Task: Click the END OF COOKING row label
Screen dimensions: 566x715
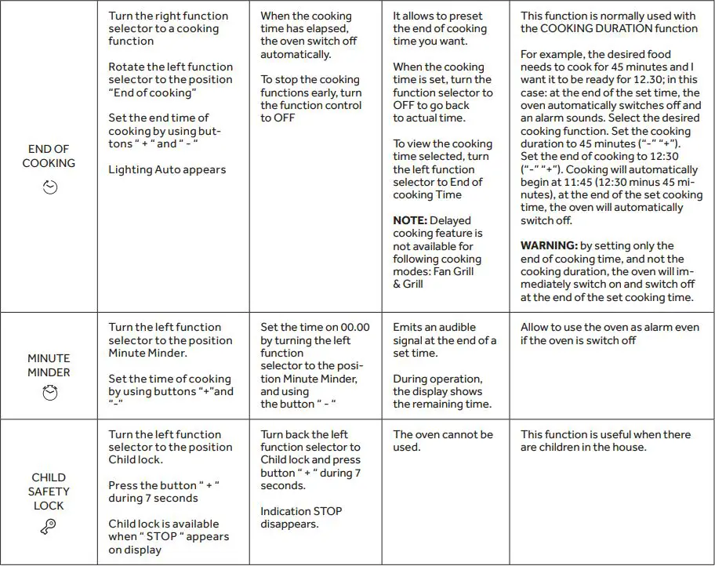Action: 49,156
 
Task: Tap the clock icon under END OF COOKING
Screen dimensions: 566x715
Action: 49,187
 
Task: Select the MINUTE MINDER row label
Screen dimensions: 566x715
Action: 49,365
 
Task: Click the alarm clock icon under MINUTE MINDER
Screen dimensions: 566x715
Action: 49,395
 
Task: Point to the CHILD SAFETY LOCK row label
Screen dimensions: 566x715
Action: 49,492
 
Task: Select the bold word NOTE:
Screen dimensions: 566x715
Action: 410,221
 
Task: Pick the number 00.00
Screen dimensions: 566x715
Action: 354,328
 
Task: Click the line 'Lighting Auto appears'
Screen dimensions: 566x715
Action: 167,169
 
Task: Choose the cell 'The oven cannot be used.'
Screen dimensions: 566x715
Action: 443,441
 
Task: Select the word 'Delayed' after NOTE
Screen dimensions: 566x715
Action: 451,221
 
